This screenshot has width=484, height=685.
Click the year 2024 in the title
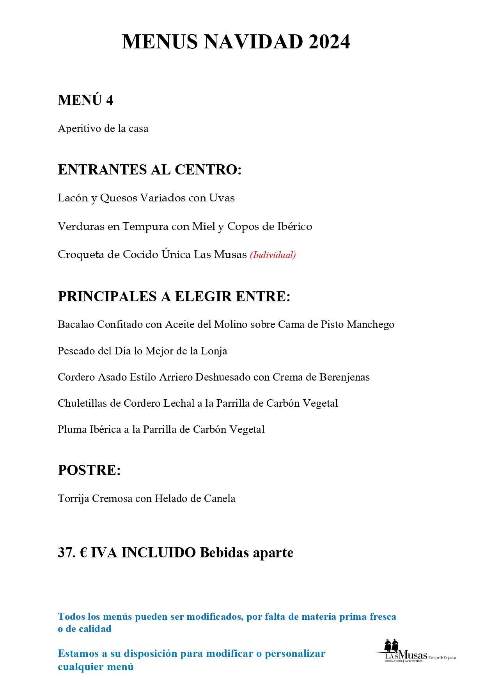[x=329, y=42]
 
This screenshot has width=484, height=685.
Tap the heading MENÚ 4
[x=85, y=100]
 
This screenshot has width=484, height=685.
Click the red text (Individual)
[x=273, y=255]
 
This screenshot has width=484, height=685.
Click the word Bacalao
[x=76, y=324]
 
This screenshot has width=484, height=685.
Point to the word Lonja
[x=214, y=351]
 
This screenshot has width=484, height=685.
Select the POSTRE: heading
[x=89, y=470]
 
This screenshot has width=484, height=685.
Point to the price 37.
[x=67, y=553]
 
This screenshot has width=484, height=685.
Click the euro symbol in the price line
[x=83, y=553]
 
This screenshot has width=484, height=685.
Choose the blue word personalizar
[x=295, y=653]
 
